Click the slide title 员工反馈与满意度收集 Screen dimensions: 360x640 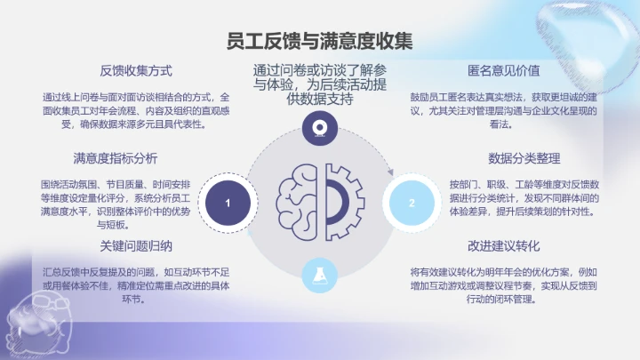(x=320, y=40)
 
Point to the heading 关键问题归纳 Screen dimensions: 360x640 (x=136, y=245)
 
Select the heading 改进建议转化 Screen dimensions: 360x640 (x=503, y=245)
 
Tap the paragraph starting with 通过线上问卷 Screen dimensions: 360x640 (x=136, y=110)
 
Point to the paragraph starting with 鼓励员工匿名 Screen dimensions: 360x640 (x=503, y=110)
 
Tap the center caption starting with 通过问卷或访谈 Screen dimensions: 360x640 (x=319, y=85)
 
